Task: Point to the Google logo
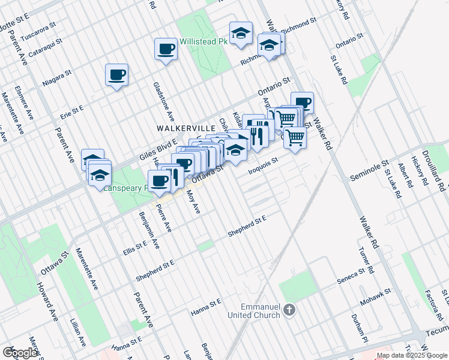tap(20, 352)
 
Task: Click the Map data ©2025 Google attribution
tap(412, 355)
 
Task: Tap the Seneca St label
tap(352, 273)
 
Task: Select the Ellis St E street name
tap(134, 246)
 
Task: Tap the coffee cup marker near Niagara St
tap(116, 76)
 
